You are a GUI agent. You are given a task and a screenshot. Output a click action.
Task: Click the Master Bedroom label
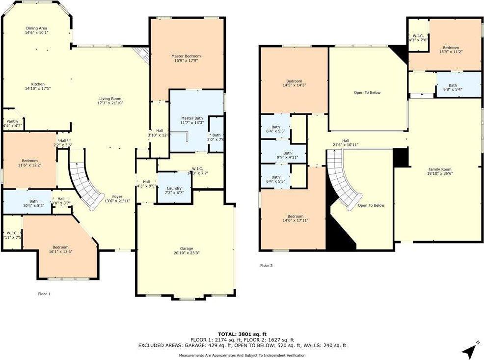pyautogui.click(x=186, y=56)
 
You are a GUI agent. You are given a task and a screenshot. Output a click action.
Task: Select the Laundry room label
pyautogui.click(x=174, y=189)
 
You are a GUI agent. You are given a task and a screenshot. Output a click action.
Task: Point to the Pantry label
pyautogui.click(x=11, y=122)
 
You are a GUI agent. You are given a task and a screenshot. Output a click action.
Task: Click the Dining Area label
pyautogui.click(x=37, y=28)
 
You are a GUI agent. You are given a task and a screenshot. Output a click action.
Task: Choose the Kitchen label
pyautogui.click(x=38, y=84)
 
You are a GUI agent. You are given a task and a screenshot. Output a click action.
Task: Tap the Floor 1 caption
pyautogui.click(x=44, y=293)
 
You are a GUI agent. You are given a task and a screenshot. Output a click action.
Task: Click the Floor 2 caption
pyautogui.click(x=267, y=265)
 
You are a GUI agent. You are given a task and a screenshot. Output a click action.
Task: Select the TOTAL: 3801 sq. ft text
pyautogui.click(x=242, y=334)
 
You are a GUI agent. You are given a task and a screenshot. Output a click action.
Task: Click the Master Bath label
pyautogui.click(x=191, y=118)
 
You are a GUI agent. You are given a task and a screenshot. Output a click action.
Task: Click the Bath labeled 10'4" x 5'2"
pyautogui.click(x=33, y=201)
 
